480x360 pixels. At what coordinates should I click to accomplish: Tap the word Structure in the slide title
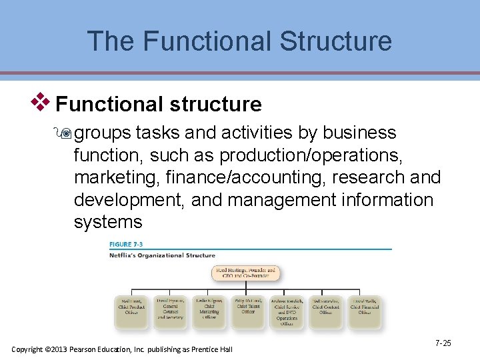tap(336, 41)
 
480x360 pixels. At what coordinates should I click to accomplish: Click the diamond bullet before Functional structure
tap(43, 102)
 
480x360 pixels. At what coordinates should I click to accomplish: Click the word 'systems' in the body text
tap(108, 222)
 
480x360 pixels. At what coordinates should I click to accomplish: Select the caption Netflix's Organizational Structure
tap(162, 255)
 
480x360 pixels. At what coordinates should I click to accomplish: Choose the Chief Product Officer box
tap(131, 311)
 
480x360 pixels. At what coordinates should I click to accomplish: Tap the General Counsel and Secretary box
tap(170, 311)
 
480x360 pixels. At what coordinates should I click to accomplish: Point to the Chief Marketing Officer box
tap(209, 311)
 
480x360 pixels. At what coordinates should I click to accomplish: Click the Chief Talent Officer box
tap(248, 311)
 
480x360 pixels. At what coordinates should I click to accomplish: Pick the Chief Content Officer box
tap(326, 311)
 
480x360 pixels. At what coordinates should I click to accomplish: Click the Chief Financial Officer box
tap(365, 311)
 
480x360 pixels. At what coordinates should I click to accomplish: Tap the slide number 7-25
tap(443, 343)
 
